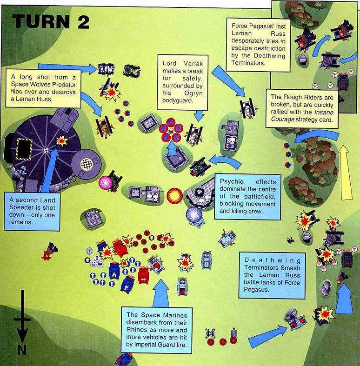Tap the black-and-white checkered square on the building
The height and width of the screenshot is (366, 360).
[x=86, y=163]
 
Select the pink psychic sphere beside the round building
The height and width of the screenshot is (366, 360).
[x=103, y=181]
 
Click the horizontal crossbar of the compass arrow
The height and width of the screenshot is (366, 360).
[x=21, y=319]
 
